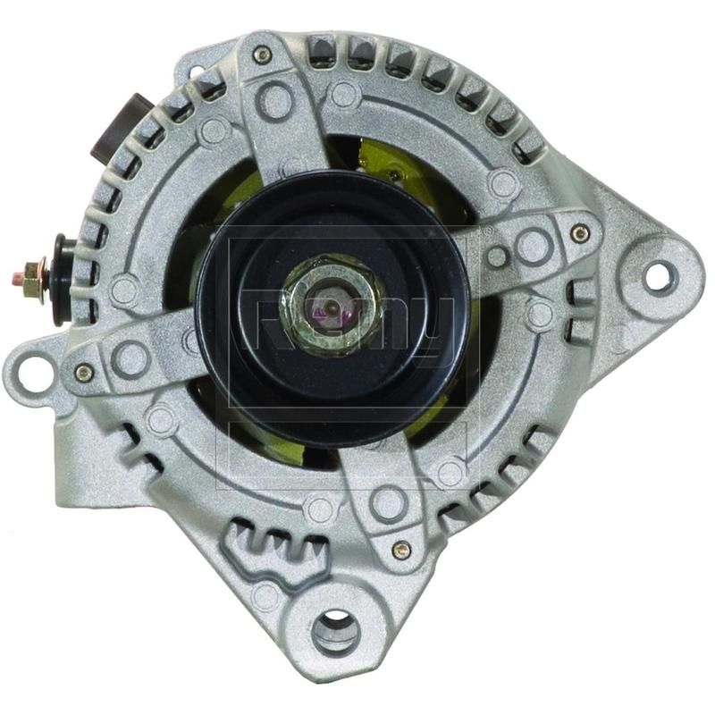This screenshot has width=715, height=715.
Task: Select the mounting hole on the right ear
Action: (x=658, y=277)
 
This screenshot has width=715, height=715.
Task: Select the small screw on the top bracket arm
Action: (x=262, y=55)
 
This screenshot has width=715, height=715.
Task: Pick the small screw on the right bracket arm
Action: (x=581, y=234)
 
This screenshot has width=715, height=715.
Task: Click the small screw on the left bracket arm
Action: (x=84, y=373)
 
